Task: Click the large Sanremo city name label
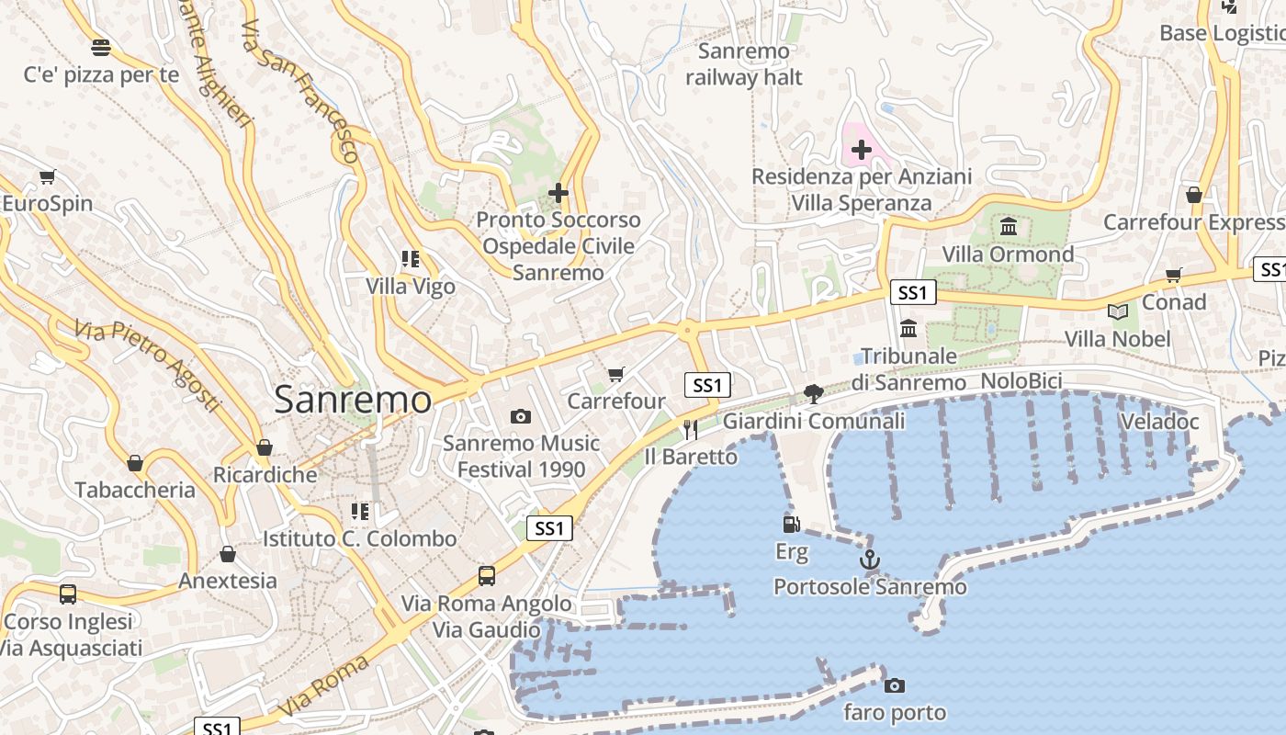tap(353, 400)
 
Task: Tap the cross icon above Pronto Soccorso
tap(558, 193)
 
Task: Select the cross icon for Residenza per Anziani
tap(862, 150)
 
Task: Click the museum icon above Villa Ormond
tap(1009, 227)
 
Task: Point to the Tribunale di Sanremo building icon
tap(908, 328)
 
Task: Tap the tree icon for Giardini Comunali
tap(813, 394)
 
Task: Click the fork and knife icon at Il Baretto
tap(691, 429)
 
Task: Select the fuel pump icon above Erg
tap(791, 525)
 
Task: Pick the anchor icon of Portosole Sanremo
tap(869, 559)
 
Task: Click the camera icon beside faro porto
tap(894, 685)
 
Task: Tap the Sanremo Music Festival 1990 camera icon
tap(521, 417)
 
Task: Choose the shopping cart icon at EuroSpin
tap(47, 176)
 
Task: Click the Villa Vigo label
tap(411, 287)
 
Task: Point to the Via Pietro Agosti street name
tap(148, 366)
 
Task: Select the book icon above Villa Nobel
tap(1117, 312)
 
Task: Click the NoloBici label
tap(1021, 381)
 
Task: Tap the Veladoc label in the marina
tap(1159, 422)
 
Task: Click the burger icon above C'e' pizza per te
tap(101, 47)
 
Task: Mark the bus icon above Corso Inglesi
tap(68, 594)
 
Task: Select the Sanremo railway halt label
tap(744, 64)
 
